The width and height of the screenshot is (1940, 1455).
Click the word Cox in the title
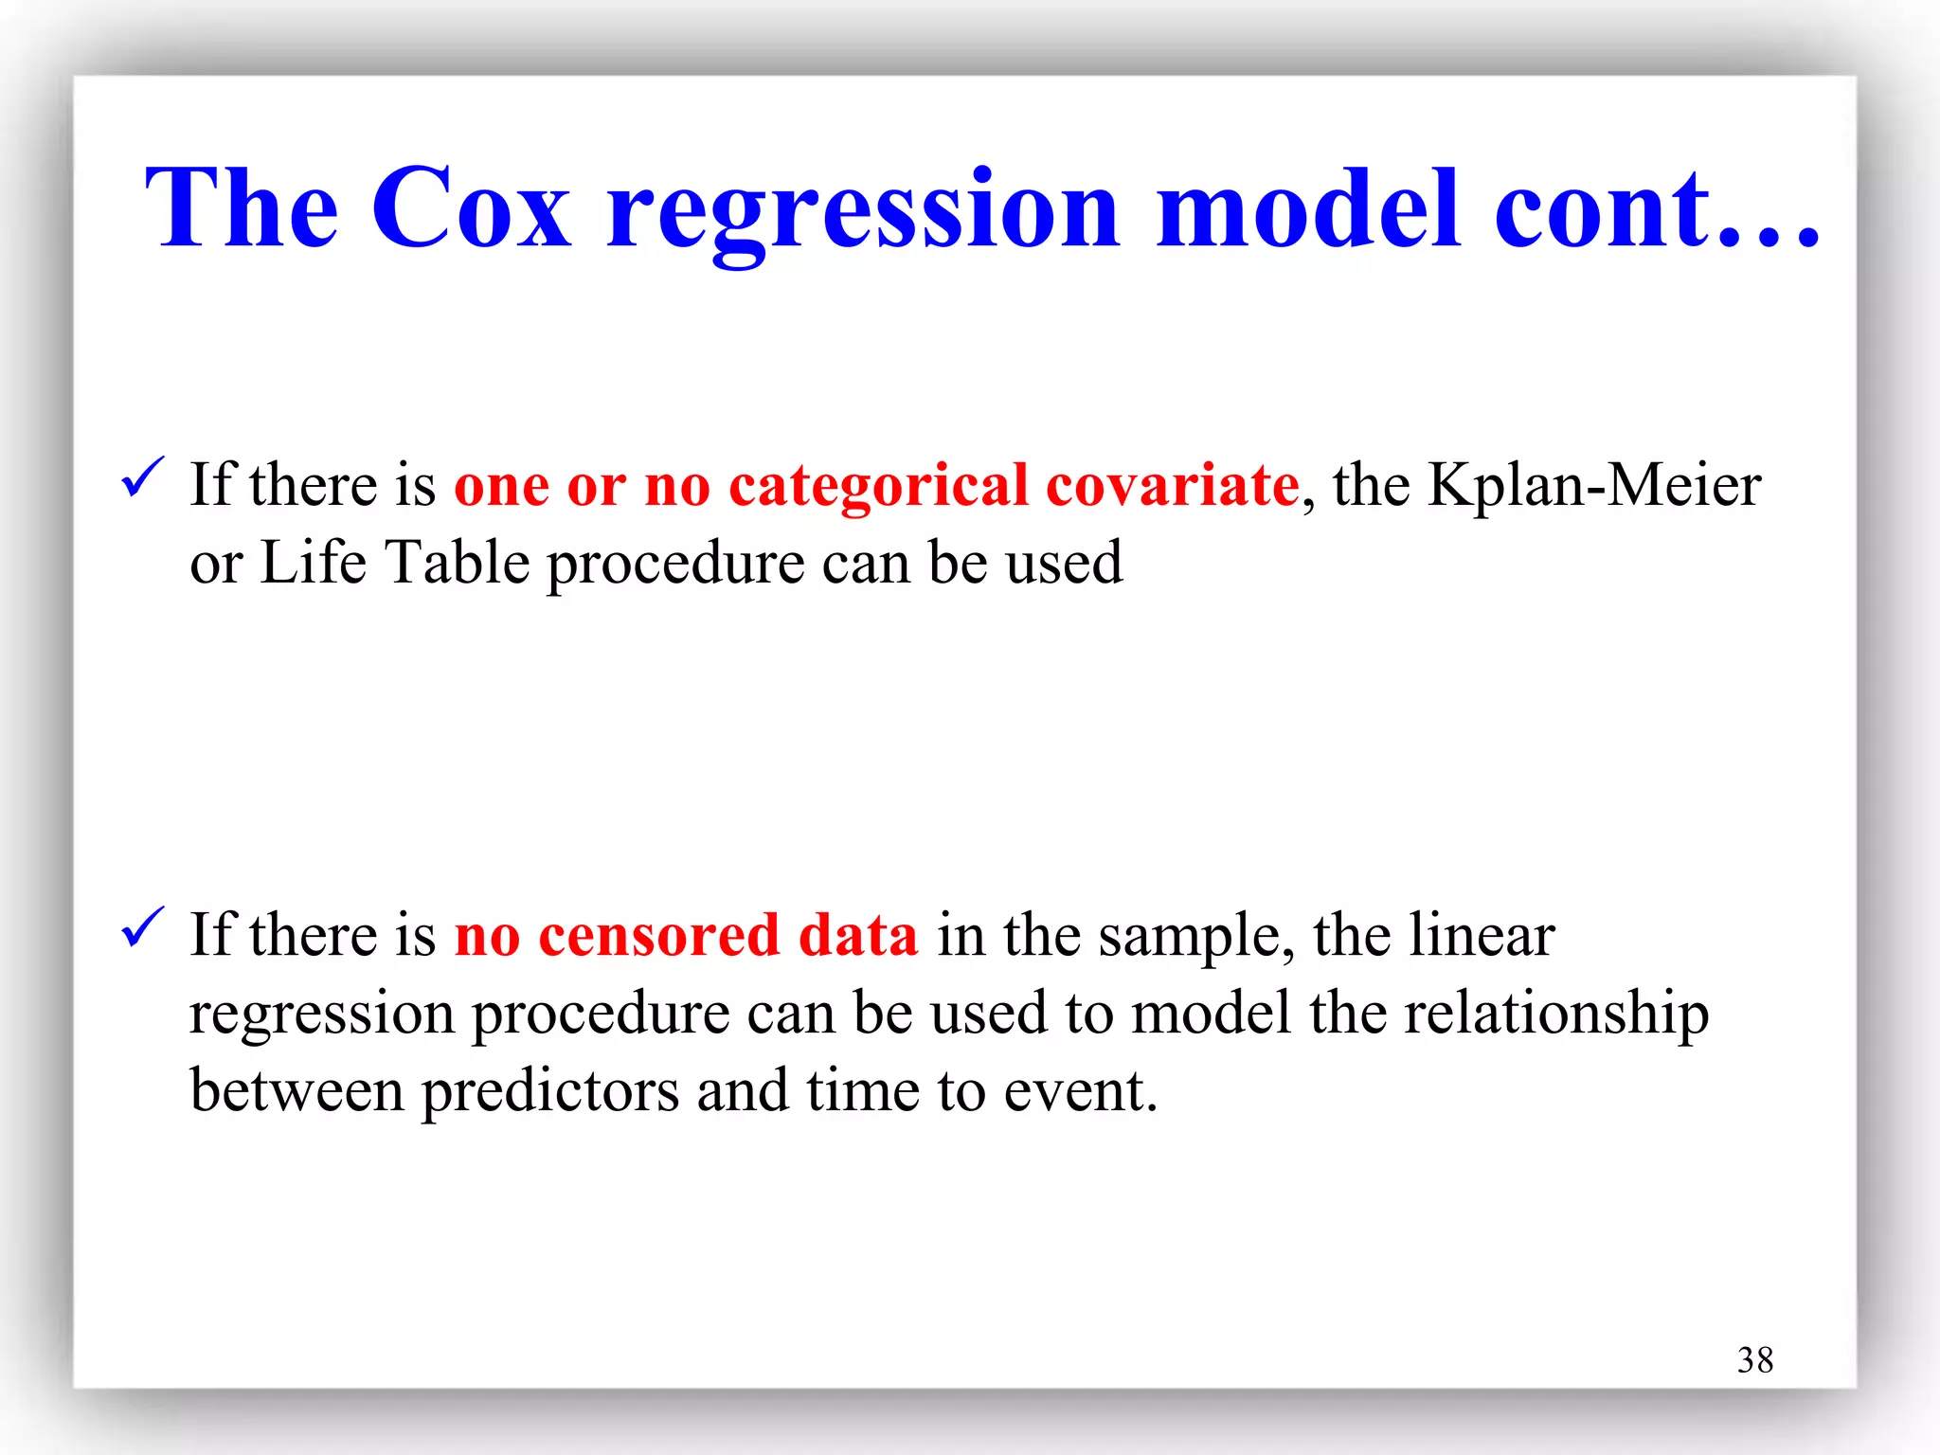click(x=471, y=208)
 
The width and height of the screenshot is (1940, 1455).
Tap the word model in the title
click(x=1308, y=208)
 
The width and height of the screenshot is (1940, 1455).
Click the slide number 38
click(x=1754, y=1360)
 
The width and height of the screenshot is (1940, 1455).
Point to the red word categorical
click(x=877, y=488)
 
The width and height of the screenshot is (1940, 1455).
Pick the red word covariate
click(x=1172, y=486)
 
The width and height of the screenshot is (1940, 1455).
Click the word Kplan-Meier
click(x=1593, y=486)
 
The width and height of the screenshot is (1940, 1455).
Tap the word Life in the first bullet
click(x=313, y=563)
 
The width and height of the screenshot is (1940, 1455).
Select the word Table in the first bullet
click(x=458, y=563)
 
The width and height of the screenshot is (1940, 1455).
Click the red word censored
click(x=658, y=936)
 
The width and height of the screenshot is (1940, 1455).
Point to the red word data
click(x=857, y=936)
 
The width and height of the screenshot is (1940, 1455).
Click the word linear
click(x=1482, y=936)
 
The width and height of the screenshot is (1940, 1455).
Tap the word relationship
click(x=1556, y=1014)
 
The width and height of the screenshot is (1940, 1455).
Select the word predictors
click(x=549, y=1091)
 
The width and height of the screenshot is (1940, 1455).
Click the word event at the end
click(x=1079, y=1091)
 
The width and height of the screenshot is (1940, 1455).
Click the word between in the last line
click(x=296, y=1091)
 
